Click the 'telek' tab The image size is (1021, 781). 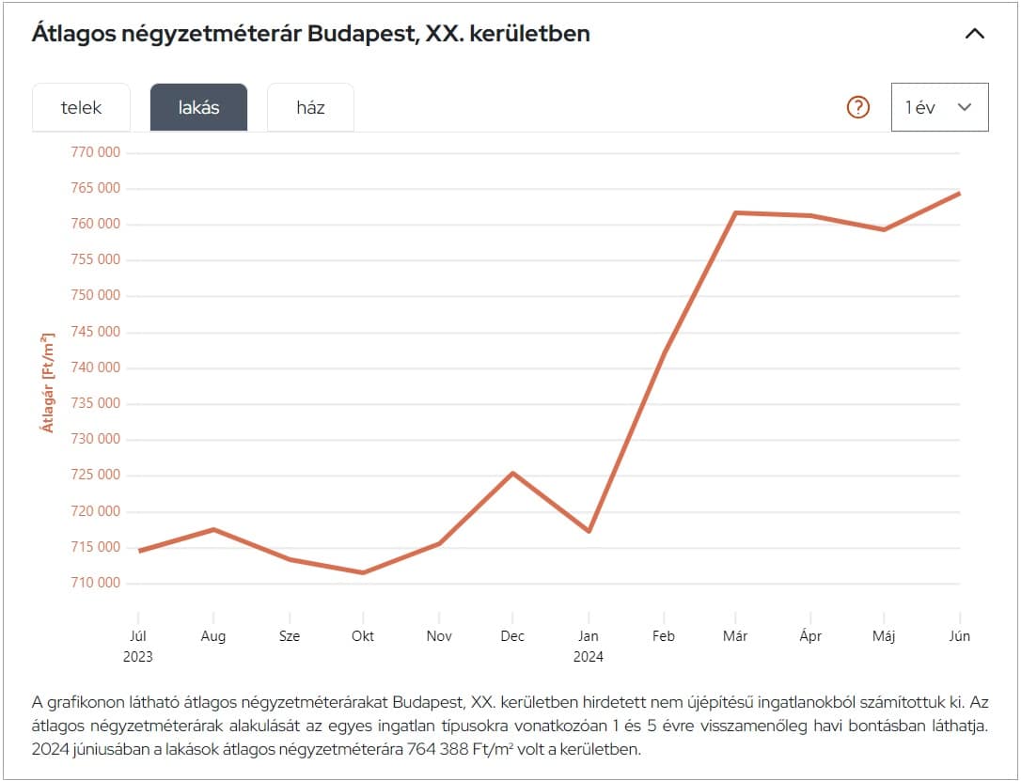[x=81, y=107]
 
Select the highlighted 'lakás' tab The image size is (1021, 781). [x=198, y=107]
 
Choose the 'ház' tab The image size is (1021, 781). [x=310, y=107]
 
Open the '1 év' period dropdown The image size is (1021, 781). [x=939, y=107]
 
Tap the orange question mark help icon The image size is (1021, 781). [x=858, y=107]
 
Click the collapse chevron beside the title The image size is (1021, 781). [x=975, y=34]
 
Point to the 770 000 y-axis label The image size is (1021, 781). [x=96, y=152]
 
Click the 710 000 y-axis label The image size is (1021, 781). [x=96, y=583]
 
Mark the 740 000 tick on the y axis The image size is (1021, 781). [x=96, y=367]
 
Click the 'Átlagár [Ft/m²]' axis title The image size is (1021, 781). [x=47, y=382]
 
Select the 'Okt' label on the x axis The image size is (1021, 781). [x=363, y=636]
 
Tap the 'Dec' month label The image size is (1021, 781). [x=512, y=636]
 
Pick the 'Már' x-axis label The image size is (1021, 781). [x=735, y=636]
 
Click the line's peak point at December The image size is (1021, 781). [x=512, y=473]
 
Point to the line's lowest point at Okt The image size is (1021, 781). [x=363, y=572]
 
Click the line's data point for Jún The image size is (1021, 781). [x=959, y=194]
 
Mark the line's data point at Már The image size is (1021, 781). [x=735, y=213]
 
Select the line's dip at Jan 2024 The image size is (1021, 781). [x=589, y=531]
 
